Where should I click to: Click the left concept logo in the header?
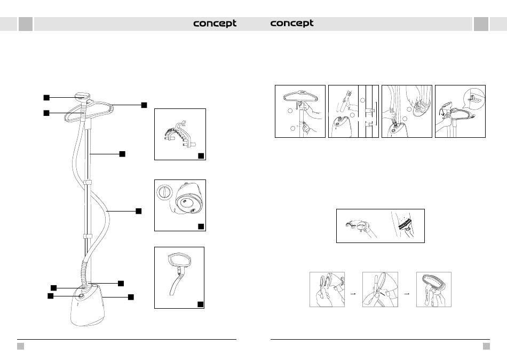coord(215,24)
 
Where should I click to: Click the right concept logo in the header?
coord(292,24)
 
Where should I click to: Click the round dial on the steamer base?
coord(81,296)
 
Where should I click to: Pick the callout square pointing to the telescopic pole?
coord(122,154)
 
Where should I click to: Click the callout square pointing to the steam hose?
coord(138,211)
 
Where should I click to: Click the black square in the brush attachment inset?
coord(201,155)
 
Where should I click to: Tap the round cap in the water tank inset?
coord(164,192)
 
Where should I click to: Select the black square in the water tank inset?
coord(201,226)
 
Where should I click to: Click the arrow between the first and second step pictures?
coord(353,292)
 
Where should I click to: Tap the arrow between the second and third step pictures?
coord(406,292)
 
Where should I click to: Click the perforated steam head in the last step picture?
coord(434,281)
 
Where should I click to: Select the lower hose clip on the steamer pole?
coord(85,236)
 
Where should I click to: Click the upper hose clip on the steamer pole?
coord(85,183)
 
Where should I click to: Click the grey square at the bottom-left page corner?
coord(20,346)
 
